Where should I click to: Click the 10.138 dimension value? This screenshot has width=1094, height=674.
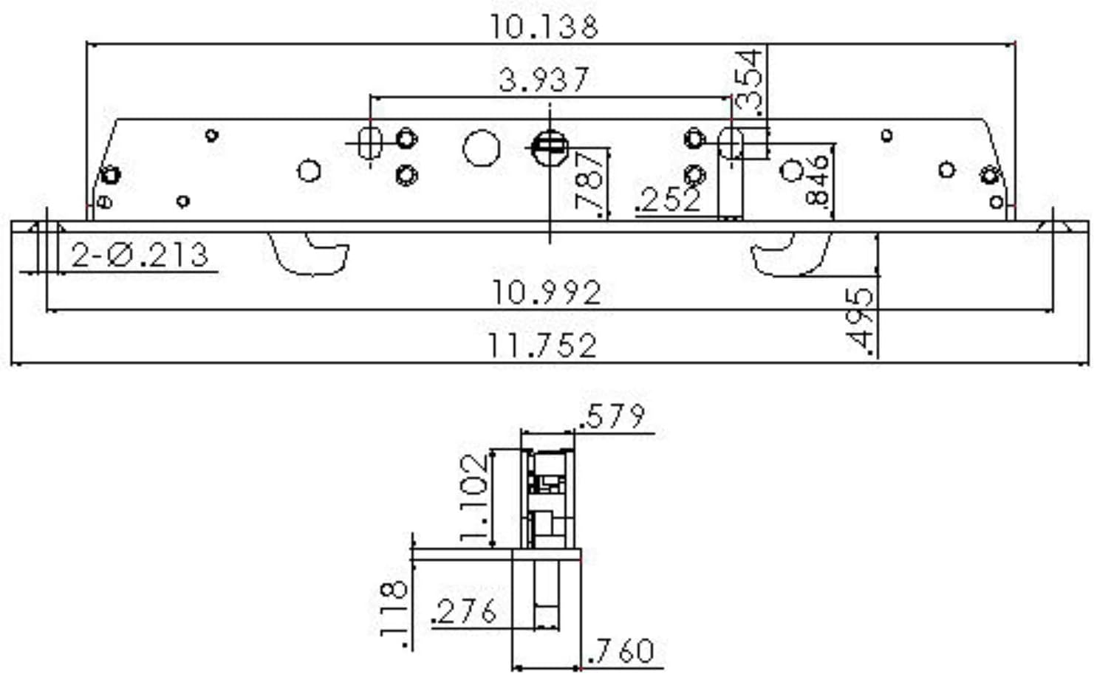click(x=544, y=27)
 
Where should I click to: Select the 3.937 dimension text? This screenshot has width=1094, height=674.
click(x=544, y=80)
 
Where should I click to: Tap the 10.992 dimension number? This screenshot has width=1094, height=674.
click(x=547, y=293)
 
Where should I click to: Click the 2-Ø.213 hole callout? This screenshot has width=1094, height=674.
click(x=140, y=255)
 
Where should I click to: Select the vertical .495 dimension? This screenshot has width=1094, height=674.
click(x=860, y=320)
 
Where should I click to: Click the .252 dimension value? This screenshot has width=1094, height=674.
click(x=669, y=199)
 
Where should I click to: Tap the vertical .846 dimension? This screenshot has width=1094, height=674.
click(x=818, y=179)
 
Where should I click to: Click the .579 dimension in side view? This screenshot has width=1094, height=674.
click(x=612, y=417)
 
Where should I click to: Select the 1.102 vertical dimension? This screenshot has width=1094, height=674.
click(x=474, y=498)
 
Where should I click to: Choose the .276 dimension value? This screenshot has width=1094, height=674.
click(x=465, y=612)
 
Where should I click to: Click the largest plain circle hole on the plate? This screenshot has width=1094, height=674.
click(x=481, y=147)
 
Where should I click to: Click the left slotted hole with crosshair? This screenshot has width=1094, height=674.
click(x=369, y=142)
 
